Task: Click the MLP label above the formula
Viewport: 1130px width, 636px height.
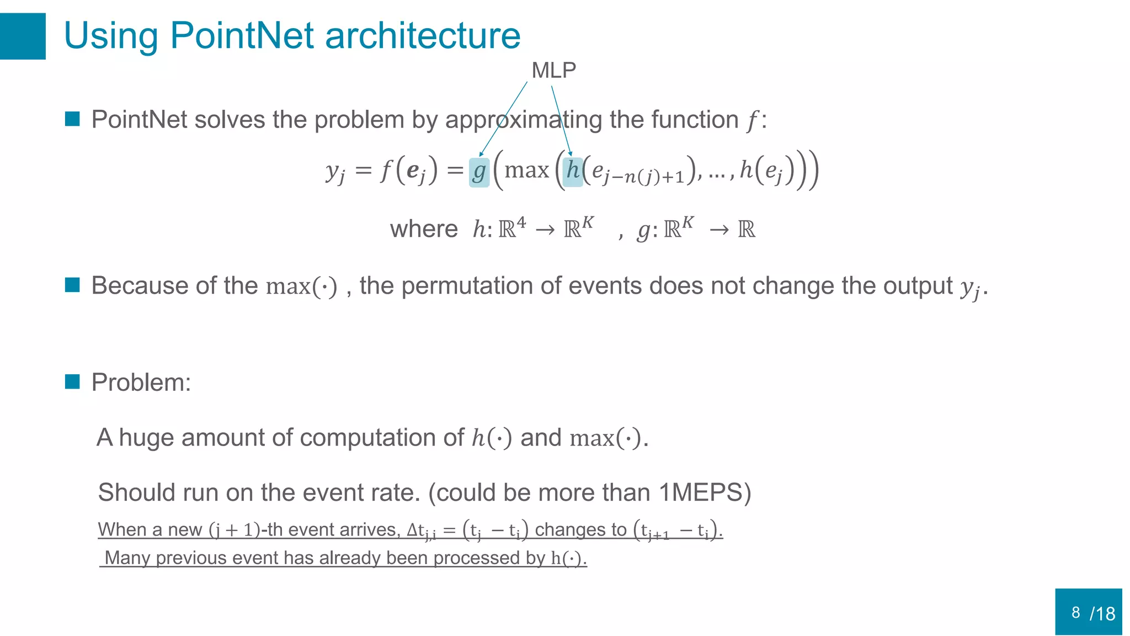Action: coord(553,71)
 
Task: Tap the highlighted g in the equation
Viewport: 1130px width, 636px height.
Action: coord(479,172)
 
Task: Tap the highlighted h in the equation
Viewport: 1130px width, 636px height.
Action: coord(573,171)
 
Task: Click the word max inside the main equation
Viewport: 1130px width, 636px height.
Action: coord(526,170)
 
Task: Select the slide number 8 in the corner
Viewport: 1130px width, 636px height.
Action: coord(1075,612)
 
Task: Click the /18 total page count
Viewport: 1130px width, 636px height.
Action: coord(1102,613)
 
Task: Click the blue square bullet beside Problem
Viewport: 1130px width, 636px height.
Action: coord(72,381)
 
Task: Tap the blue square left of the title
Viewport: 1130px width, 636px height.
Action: coord(23,36)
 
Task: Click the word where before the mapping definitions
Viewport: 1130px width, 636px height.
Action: coord(424,229)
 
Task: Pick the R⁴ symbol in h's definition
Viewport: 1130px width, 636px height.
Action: coord(512,227)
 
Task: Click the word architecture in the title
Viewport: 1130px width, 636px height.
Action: coord(423,36)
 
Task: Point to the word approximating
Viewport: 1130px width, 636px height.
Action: coord(524,120)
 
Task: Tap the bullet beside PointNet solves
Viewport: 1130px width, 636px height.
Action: coord(72,119)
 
